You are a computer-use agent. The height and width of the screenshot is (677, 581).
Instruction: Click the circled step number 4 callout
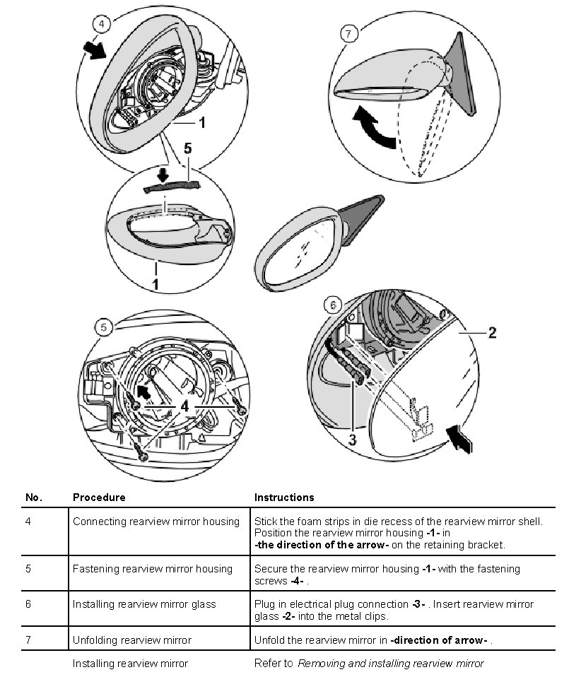tap(102, 24)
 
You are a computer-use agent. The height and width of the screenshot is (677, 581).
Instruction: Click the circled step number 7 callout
tap(348, 33)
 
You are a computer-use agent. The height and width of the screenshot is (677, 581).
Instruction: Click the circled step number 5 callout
tap(104, 326)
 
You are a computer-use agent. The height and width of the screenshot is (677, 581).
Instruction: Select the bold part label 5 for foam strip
tap(187, 149)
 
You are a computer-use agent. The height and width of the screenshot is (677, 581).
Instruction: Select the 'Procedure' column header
tap(99, 498)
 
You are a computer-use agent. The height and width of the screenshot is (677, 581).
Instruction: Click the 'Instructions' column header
tap(284, 498)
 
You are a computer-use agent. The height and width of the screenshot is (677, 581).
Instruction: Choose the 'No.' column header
tap(34, 498)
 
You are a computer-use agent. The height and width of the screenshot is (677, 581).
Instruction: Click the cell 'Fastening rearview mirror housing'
tap(152, 569)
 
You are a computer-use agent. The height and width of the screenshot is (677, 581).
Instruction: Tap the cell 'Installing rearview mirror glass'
tap(144, 604)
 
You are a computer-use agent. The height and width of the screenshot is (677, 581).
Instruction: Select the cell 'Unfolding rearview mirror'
tap(131, 640)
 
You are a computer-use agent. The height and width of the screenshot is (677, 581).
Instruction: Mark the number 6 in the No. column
tap(28, 604)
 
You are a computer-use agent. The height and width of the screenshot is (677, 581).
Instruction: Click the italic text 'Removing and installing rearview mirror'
tap(391, 664)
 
